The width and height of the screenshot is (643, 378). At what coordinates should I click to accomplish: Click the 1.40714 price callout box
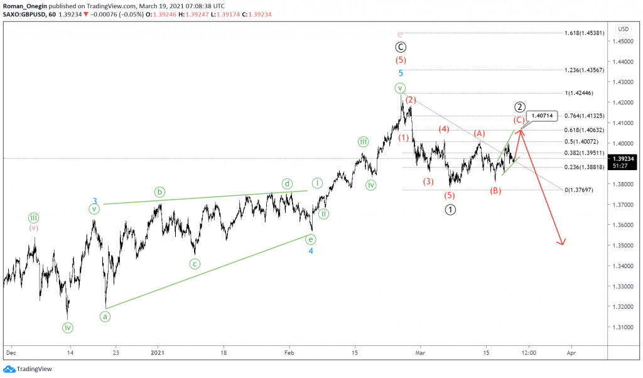[543, 116]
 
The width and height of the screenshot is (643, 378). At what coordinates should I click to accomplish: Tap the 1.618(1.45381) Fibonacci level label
[585, 33]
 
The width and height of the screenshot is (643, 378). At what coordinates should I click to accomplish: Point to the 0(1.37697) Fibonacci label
[585, 189]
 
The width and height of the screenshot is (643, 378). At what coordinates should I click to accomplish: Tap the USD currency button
[624, 29]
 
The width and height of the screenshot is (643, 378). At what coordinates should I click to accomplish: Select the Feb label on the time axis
[290, 353]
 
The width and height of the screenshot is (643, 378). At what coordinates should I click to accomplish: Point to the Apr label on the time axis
[571, 353]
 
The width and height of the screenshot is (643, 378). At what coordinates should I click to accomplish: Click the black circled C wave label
[401, 46]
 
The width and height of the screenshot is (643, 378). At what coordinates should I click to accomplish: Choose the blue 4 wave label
[310, 251]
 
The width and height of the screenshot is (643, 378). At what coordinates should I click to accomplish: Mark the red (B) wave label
[496, 191]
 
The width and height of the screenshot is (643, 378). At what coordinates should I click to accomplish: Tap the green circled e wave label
[310, 239]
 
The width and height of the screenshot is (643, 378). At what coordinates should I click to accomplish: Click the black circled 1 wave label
[450, 209]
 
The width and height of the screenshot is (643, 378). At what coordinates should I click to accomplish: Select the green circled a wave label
[105, 316]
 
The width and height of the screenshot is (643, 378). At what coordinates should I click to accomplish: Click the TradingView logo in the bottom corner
[28, 369]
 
